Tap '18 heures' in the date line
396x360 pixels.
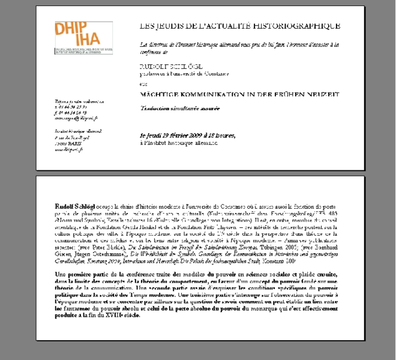pos(222,136)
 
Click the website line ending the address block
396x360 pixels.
pos(68,150)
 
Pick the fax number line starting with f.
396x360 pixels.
pos(70,112)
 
